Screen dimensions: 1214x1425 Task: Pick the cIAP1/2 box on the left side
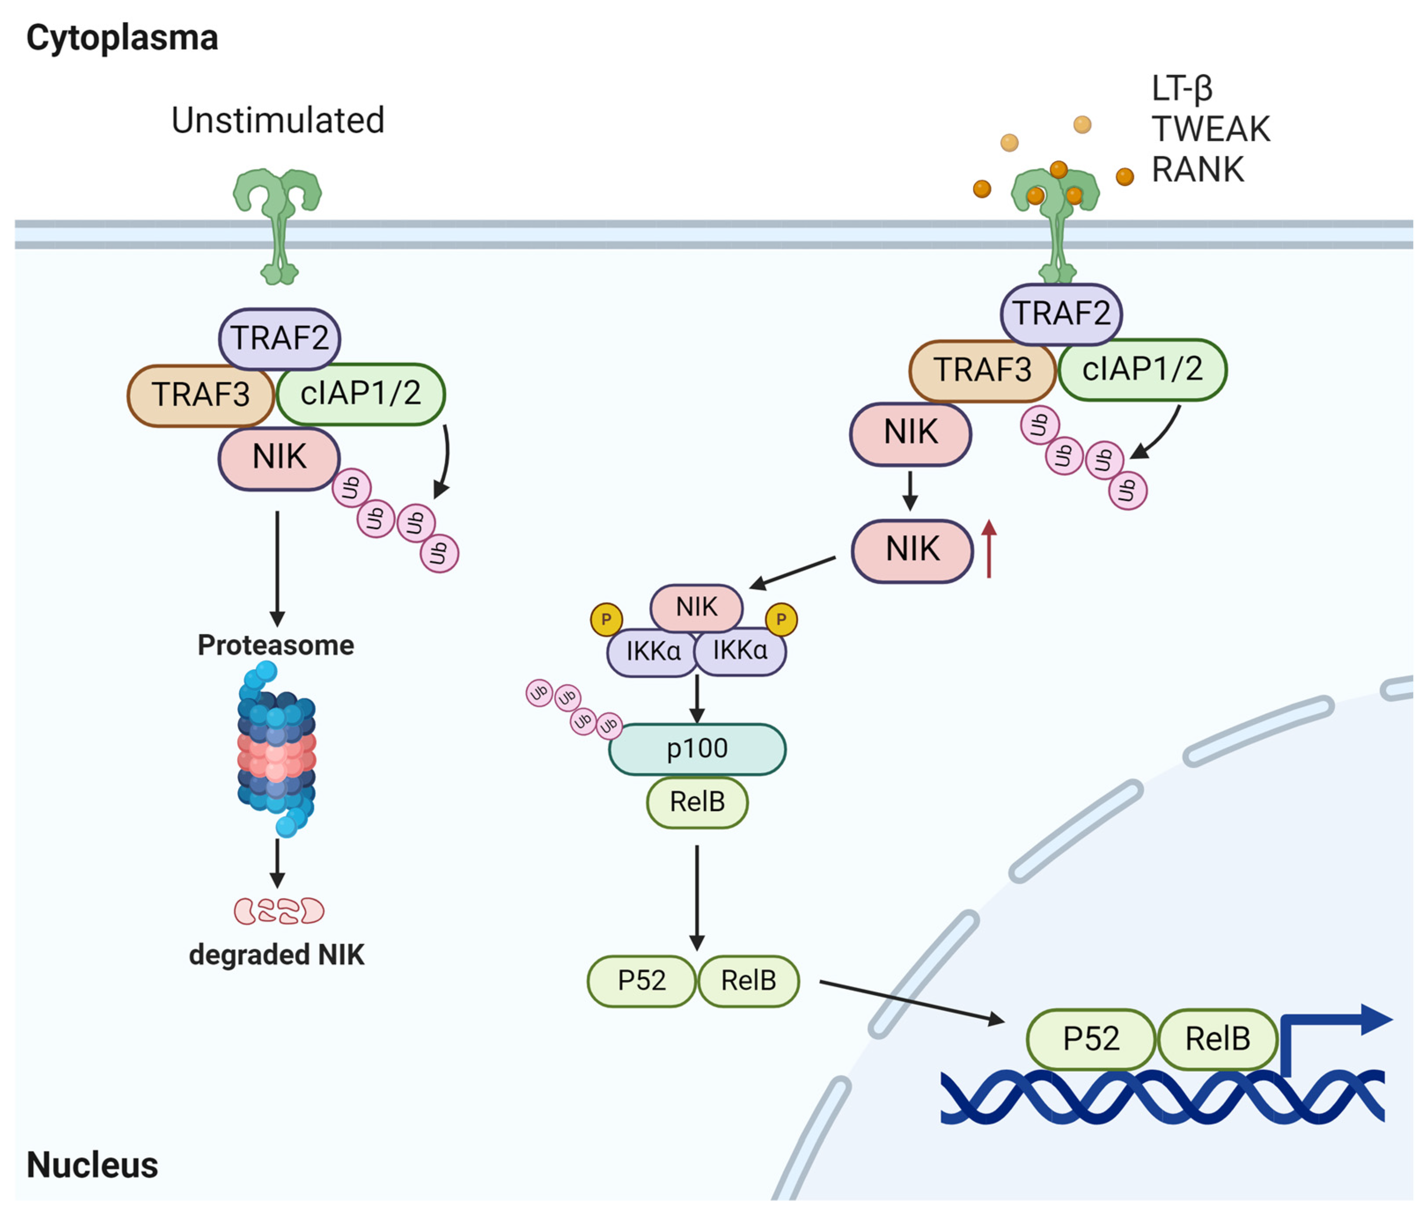(360, 394)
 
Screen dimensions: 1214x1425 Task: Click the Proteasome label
(276, 645)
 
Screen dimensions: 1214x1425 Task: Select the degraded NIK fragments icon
(279, 911)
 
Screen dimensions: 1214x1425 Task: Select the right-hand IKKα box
(740, 651)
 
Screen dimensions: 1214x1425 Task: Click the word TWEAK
(1210, 129)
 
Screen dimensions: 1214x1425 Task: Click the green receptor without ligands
(278, 220)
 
